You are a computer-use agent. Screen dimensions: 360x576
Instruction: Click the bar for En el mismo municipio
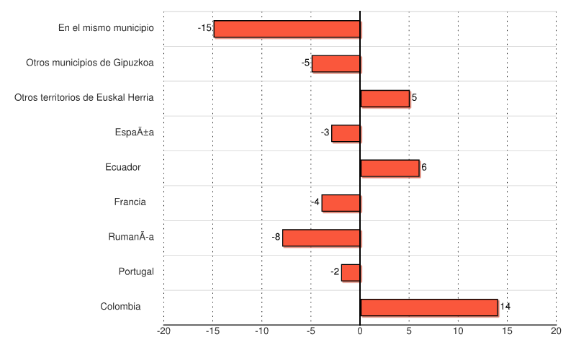pyautogui.click(x=287, y=29)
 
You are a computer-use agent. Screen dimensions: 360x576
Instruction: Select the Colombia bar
pyautogui.click(x=428, y=307)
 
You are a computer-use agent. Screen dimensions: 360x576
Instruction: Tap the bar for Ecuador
pyautogui.click(x=390, y=168)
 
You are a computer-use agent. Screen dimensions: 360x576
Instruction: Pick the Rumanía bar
pyautogui.click(x=321, y=238)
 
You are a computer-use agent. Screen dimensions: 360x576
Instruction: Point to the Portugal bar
pyautogui.click(x=351, y=272)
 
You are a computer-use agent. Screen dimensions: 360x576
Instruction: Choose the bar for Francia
pyautogui.click(x=341, y=203)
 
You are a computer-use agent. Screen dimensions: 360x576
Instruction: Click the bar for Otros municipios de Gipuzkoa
pyautogui.click(x=336, y=63)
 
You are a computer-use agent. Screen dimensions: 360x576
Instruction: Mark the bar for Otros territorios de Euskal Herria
pyautogui.click(x=384, y=99)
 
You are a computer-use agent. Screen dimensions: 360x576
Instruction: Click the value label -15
pyautogui.click(x=204, y=28)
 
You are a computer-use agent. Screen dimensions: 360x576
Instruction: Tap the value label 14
pyautogui.click(x=505, y=307)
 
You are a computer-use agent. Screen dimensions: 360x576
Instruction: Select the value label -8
pyautogui.click(x=276, y=237)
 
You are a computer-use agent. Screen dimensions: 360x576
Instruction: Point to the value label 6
pyautogui.click(x=424, y=167)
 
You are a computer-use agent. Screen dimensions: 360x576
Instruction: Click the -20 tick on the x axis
pyautogui.click(x=164, y=331)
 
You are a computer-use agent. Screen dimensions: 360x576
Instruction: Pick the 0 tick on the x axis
pyautogui.click(x=360, y=331)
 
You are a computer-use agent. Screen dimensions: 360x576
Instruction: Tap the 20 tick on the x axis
pyautogui.click(x=556, y=331)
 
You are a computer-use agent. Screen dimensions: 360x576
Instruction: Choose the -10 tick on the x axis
pyautogui.click(x=262, y=331)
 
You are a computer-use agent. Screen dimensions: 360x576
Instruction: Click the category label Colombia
pyautogui.click(x=120, y=307)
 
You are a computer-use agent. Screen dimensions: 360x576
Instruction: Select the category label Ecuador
pyautogui.click(x=122, y=167)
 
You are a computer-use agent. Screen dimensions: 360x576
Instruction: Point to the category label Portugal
pyautogui.click(x=136, y=271)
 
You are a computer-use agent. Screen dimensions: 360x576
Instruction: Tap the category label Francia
pyautogui.click(x=130, y=202)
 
